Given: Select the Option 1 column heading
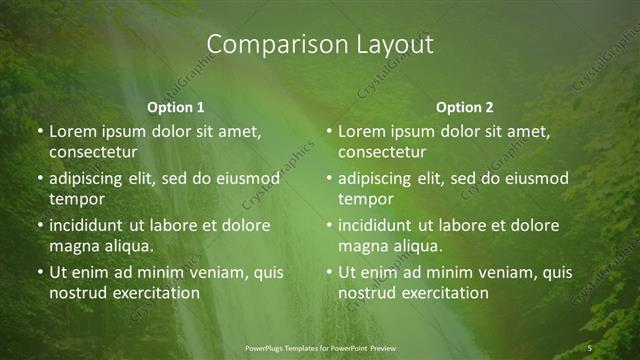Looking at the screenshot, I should tap(176, 107).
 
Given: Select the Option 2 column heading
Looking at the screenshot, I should tap(465, 107).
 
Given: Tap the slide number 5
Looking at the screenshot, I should tap(591, 347).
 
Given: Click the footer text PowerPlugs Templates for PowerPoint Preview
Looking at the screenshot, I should tap(320, 347).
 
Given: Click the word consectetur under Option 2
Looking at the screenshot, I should tap(382, 152).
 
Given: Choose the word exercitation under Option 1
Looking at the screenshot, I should tap(155, 293).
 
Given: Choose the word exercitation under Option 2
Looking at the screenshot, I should tap(445, 293).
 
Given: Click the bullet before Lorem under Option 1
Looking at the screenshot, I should tap(40, 132).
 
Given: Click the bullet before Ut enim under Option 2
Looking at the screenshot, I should tap(330, 273).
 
